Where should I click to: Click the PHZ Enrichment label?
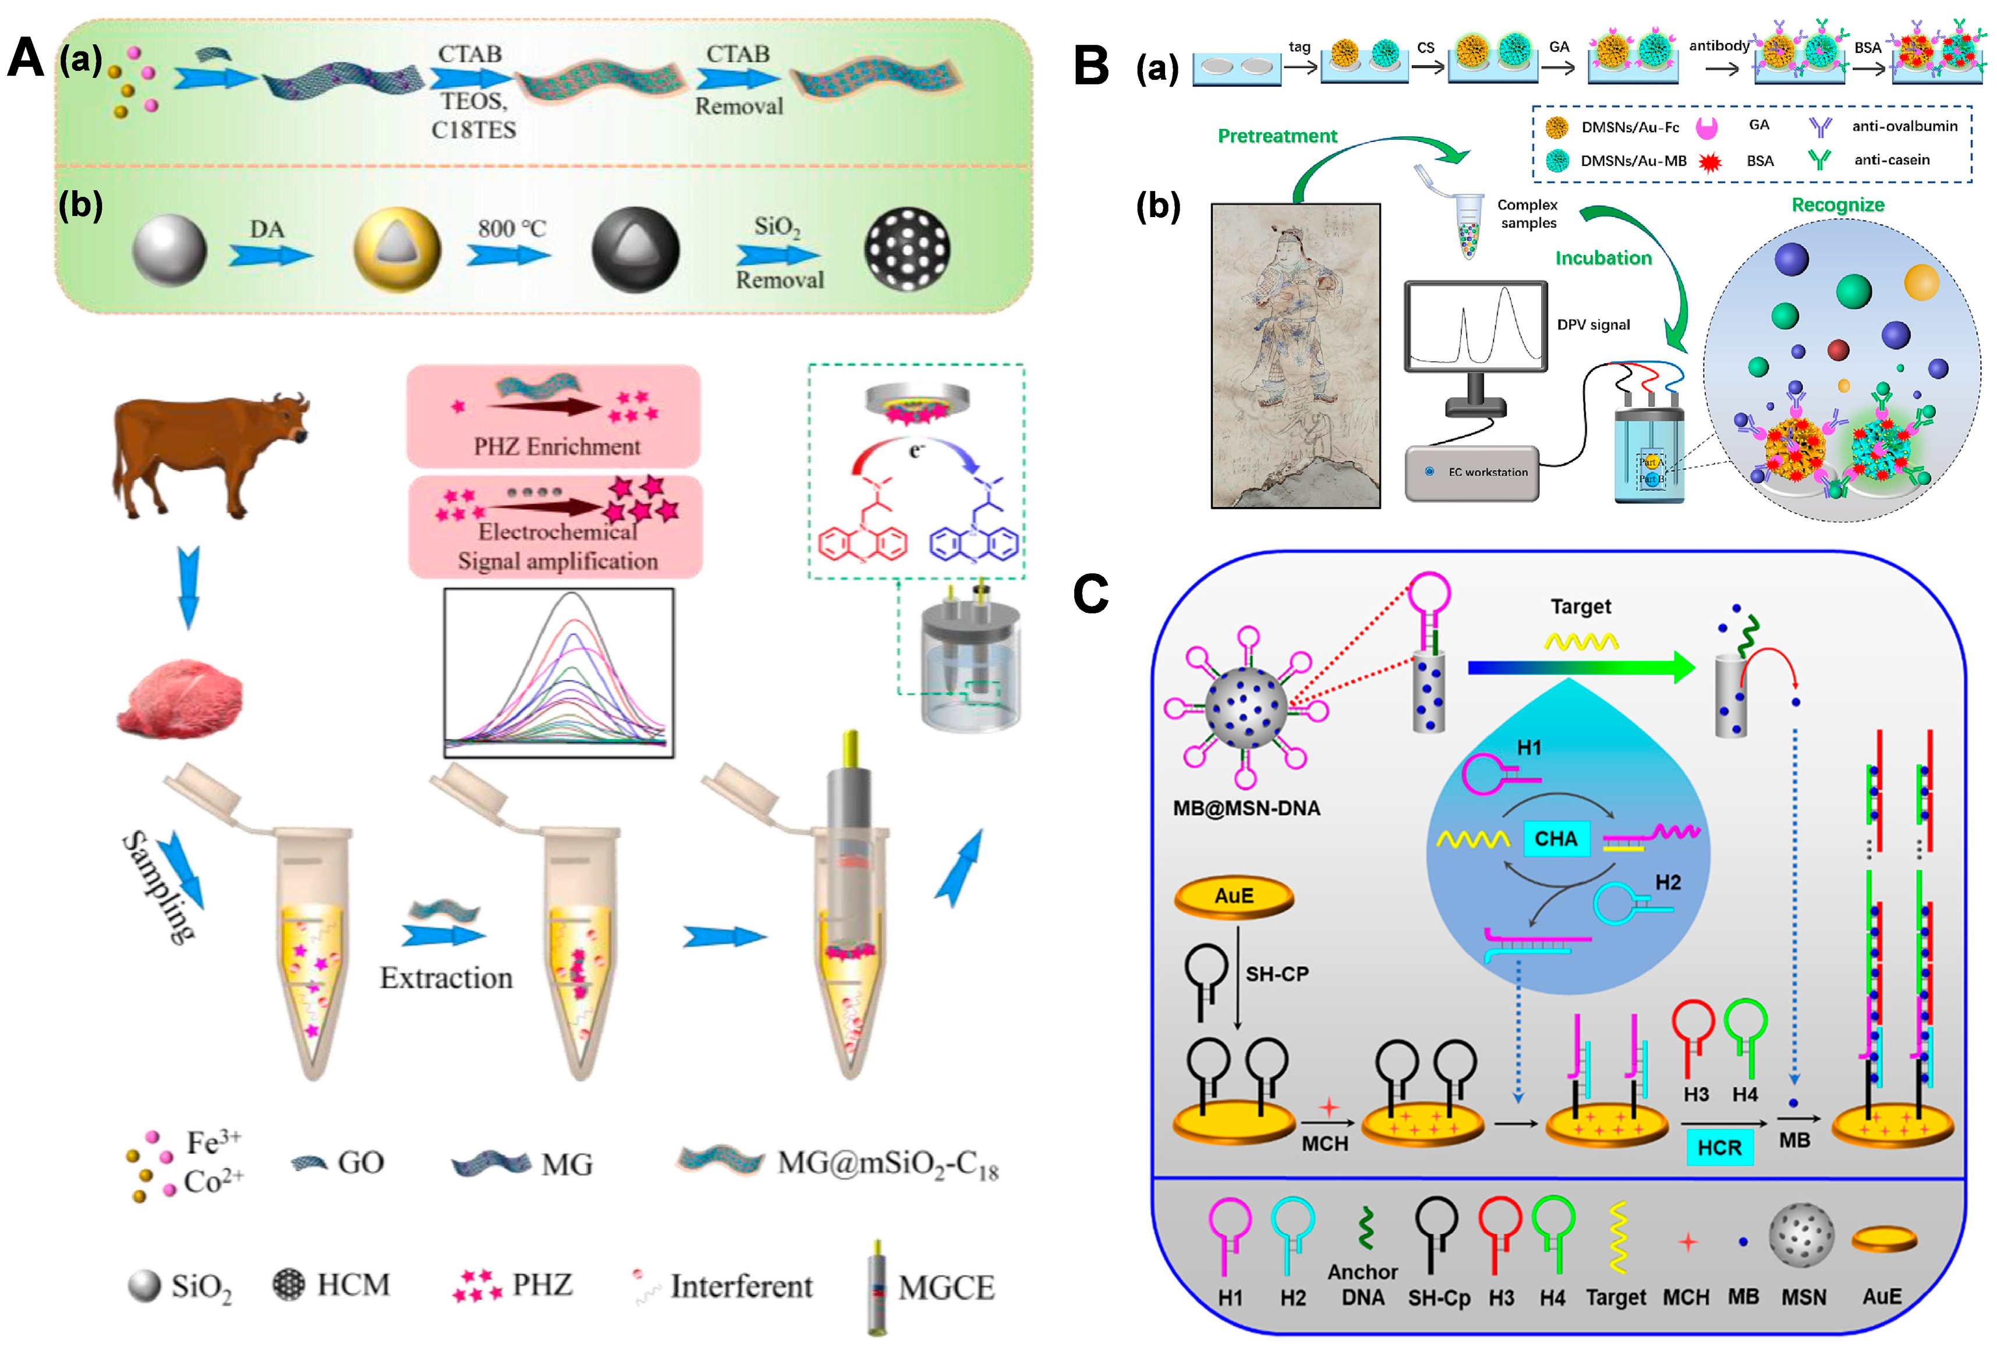point(557,447)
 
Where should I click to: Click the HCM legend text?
point(353,1285)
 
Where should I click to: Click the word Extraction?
point(446,978)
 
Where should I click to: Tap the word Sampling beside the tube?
point(159,888)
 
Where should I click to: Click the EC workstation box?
point(1471,471)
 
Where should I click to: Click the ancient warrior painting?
point(1295,356)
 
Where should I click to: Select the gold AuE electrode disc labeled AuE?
point(1233,896)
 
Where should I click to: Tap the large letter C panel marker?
point(1090,592)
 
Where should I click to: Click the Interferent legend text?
point(741,1286)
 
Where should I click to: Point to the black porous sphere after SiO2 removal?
point(906,249)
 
